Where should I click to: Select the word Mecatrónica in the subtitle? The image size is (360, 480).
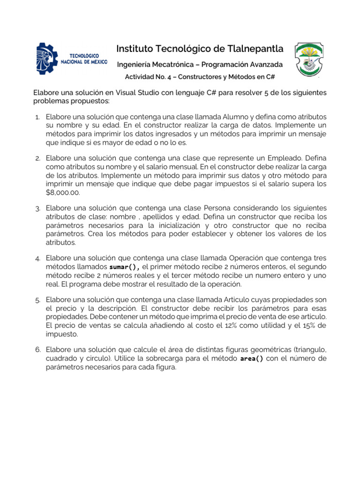175,64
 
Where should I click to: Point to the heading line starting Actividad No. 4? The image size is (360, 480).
199,76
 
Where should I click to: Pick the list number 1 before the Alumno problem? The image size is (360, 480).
37,117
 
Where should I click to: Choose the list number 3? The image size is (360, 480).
37,208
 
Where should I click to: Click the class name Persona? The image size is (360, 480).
219,208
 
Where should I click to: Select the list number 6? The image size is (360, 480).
37,350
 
